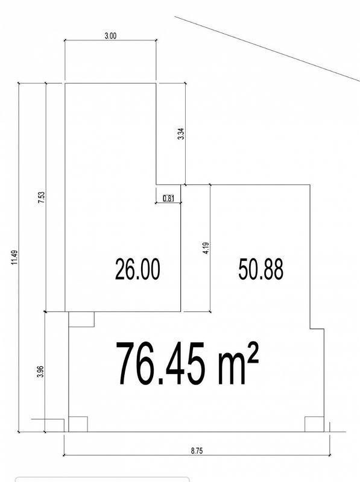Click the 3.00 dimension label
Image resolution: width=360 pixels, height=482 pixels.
(x=110, y=36)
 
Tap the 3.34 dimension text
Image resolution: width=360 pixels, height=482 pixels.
(x=182, y=134)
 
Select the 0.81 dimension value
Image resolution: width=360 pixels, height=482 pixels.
(x=168, y=198)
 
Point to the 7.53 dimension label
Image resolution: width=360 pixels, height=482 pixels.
(x=42, y=198)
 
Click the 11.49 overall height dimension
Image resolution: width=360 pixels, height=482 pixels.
(x=14, y=258)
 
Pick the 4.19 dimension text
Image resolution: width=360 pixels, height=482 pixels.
(x=206, y=248)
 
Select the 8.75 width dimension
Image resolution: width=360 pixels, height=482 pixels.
(x=197, y=451)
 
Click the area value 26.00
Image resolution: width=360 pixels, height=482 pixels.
(x=137, y=269)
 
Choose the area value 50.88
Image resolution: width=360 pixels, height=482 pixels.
(x=261, y=269)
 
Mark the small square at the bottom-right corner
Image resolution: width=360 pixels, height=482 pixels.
(x=314, y=424)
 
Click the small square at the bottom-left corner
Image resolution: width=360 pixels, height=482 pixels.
(x=78, y=424)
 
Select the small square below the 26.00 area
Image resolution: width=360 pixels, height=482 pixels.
(x=81, y=319)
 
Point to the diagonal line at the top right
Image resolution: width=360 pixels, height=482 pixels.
(x=267, y=49)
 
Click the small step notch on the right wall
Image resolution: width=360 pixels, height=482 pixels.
(x=317, y=329)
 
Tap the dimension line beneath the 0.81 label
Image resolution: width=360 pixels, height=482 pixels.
(x=168, y=202)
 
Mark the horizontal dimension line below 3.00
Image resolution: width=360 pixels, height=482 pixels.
(x=110, y=40)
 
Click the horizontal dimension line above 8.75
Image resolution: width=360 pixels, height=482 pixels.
(x=197, y=455)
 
